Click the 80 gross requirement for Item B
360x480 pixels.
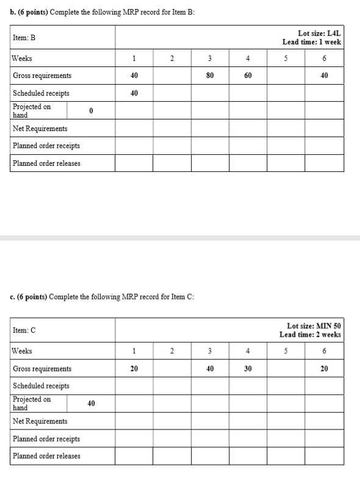209,76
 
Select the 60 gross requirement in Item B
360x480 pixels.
247,76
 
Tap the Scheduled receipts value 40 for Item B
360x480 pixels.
134,93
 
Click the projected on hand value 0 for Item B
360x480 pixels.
90,111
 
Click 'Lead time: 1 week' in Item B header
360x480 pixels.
311,42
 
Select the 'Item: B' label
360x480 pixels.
24,38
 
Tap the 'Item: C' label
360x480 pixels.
24,330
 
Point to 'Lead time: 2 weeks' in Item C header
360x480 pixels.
310,335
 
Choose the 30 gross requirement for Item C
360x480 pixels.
247,368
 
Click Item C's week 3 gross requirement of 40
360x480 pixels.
209,368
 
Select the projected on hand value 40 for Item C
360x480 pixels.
90,403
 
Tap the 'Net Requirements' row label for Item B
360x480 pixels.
40,129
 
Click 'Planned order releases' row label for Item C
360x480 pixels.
46,456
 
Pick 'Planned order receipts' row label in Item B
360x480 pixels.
46,146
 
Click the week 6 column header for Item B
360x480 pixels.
324,59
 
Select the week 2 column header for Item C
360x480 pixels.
171,351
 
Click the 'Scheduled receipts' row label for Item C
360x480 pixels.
41,386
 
